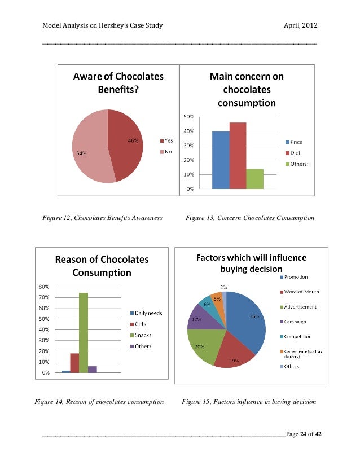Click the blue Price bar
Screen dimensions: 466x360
coord(221,160)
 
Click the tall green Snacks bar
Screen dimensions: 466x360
coord(84,333)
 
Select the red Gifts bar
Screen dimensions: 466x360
coord(74,363)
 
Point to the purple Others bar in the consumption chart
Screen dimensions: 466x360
coord(93,369)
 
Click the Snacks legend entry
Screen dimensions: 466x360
coord(143,335)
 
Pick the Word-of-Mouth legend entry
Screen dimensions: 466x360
coord(299,292)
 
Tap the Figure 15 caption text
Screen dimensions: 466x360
coord(249,402)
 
